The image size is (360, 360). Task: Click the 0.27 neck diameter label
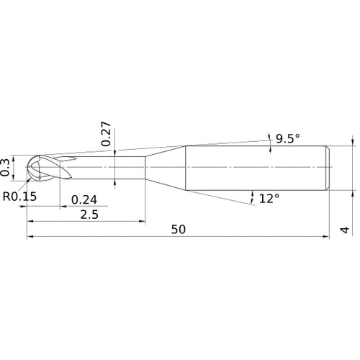[x=106, y=134]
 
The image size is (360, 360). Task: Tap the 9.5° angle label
[x=288, y=138]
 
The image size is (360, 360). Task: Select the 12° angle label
[x=269, y=199]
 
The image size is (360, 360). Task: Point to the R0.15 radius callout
[x=19, y=197]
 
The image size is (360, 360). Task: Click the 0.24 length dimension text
[x=84, y=199]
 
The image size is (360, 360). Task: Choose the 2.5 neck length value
[x=89, y=215]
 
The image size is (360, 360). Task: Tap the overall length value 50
[x=179, y=230]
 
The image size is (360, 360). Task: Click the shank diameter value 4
[x=345, y=230]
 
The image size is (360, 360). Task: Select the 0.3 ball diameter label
[x=5, y=167]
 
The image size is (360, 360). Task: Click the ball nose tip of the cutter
[x=26, y=167]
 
